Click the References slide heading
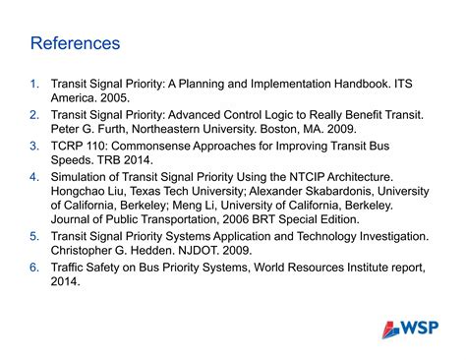click(75, 43)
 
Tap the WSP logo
click(411, 329)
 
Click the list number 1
click(34, 84)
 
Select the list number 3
click(34, 145)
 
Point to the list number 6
click(34, 267)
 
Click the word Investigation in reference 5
click(378, 236)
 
